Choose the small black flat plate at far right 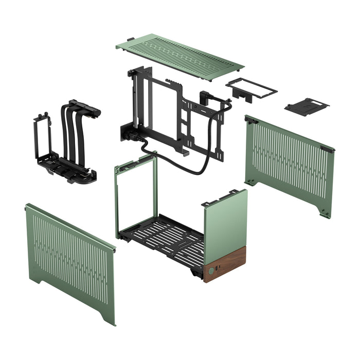click(307, 106)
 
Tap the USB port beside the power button click(218, 268)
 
